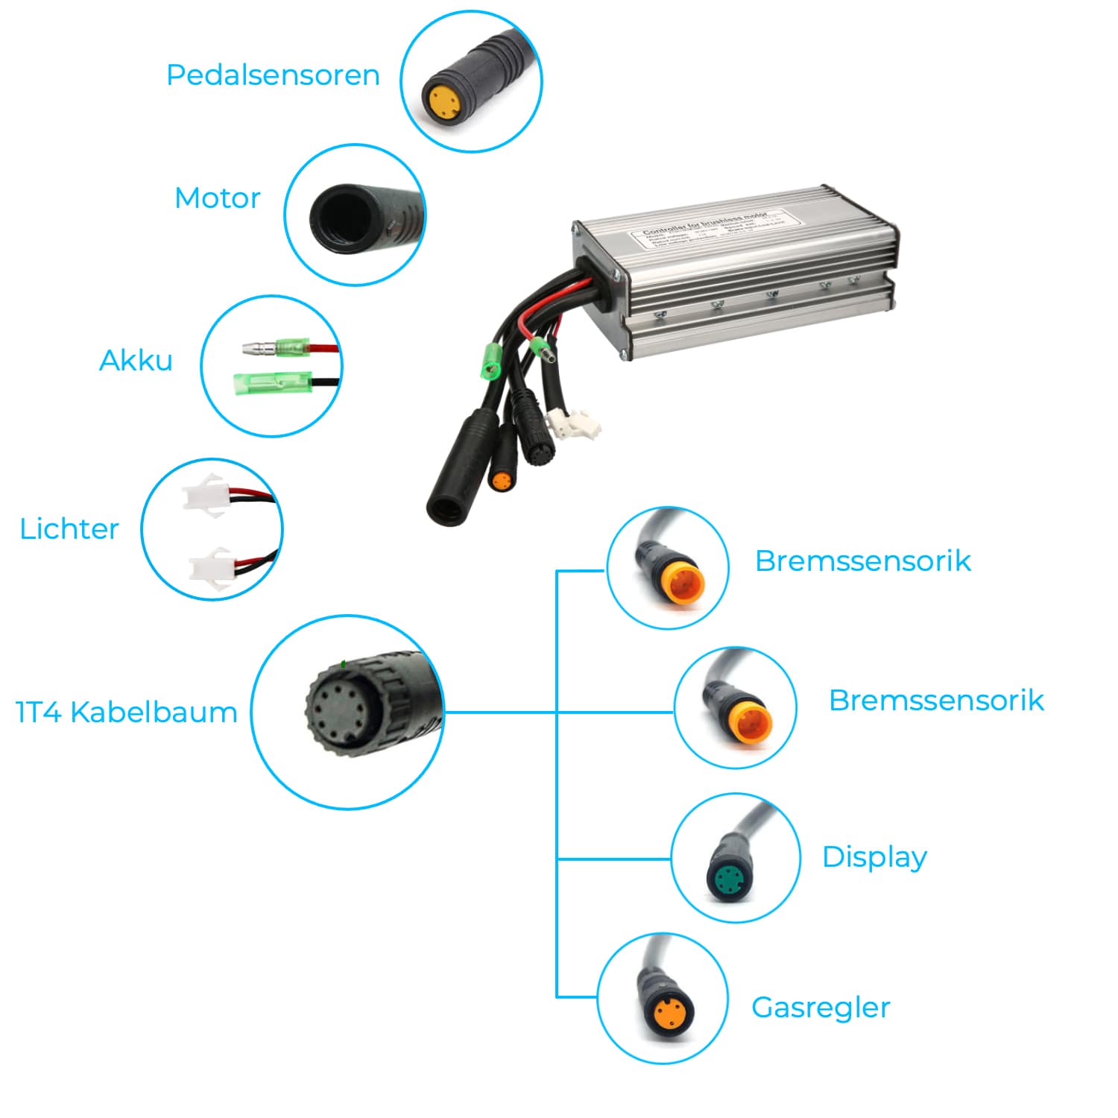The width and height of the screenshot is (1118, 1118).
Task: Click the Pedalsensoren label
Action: (273, 75)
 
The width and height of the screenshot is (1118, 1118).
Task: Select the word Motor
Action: (217, 198)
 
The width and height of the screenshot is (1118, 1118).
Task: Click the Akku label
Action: (136, 361)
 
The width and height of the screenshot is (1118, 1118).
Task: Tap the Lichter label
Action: (69, 529)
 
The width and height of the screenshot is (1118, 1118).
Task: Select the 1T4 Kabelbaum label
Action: (127, 713)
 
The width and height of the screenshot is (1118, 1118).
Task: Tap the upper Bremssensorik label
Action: (862, 561)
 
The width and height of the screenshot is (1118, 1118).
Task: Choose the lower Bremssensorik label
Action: (936, 701)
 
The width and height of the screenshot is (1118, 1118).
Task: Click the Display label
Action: (874, 857)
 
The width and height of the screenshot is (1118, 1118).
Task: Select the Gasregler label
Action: (821, 1008)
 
